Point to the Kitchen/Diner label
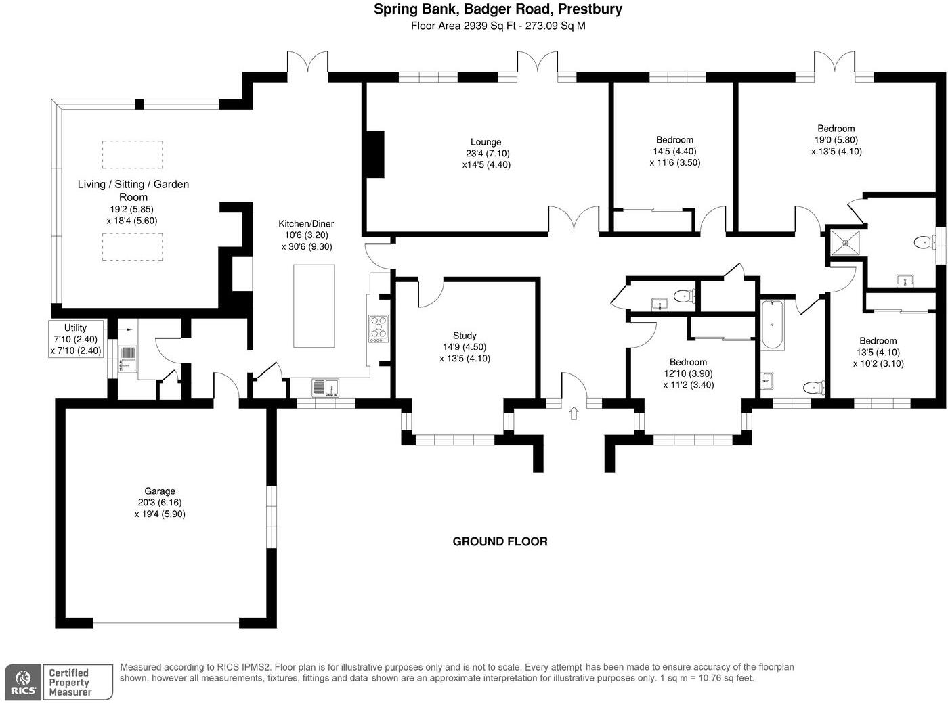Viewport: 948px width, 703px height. (x=306, y=223)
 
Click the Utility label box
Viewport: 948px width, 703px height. (x=76, y=339)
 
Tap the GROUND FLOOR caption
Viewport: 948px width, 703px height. (x=500, y=541)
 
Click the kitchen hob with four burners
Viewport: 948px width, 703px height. (x=379, y=328)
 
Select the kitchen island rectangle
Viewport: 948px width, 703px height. (x=314, y=306)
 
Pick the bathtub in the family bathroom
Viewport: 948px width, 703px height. (x=773, y=325)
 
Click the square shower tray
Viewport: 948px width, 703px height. (x=846, y=243)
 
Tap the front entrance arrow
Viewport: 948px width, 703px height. (x=574, y=413)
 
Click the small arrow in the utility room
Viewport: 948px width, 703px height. (x=127, y=330)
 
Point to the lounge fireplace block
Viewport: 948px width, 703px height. (x=374, y=154)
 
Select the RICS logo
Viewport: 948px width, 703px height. (x=24, y=683)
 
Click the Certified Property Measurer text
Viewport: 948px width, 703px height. (x=69, y=683)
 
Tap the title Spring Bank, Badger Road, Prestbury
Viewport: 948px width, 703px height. (x=498, y=9)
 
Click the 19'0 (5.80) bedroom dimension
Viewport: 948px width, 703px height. (x=836, y=139)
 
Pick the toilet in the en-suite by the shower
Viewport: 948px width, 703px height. (x=923, y=243)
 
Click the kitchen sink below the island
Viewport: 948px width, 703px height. (x=326, y=388)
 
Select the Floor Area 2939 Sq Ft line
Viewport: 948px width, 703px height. (x=498, y=26)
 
